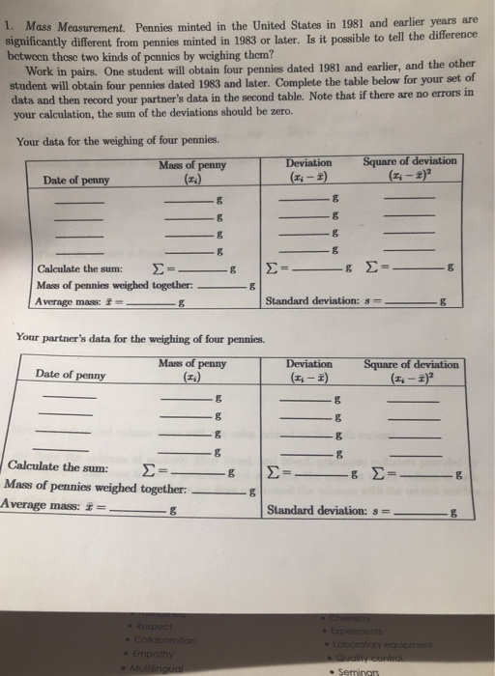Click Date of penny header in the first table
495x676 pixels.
(x=77, y=180)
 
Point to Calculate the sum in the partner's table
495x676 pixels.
(x=56, y=467)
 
